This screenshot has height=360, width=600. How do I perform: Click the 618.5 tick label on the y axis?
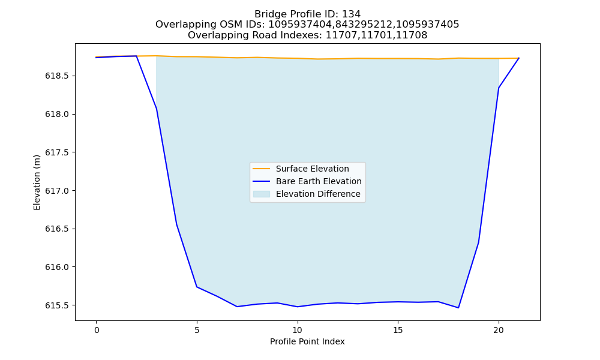pyautogui.click(x=57, y=76)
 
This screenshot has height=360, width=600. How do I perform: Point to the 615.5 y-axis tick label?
pyautogui.click(x=57, y=305)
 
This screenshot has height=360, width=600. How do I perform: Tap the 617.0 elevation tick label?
pyautogui.click(x=57, y=191)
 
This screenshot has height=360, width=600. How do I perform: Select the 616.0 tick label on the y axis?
pyautogui.click(x=57, y=267)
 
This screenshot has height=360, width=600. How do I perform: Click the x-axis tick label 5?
pyautogui.click(x=197, y=330)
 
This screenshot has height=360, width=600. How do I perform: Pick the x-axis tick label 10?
pyautogui.click(x=298, y=330)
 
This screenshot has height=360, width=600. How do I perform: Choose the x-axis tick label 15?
pyautogui.click(x=398, y=330)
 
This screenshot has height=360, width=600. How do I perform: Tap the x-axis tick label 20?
pyautogui.click(x=499, y=330)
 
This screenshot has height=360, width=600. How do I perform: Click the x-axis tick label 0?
pyautogui.click(x=97, y=330)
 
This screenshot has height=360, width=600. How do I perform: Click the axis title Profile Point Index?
pyautogui.click(x=307, y=341)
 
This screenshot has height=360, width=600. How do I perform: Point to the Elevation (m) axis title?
pyautogui.click(x=37, y=182)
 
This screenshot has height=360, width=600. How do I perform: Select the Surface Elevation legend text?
pyautogui.click(x=312, y=169)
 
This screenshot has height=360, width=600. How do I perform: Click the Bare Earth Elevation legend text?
pyautogui.click(x=319, y=181)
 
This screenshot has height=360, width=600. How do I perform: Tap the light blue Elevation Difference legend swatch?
pyautogui.click(x=262, y=194)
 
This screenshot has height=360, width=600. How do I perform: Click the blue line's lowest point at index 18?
pyautogui.click(x=458, y=308)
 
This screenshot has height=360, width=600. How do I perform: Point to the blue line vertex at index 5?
pyautogui.click(x=197, y=287)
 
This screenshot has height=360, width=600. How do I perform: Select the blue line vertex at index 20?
pyautogui.click(x=499, y=88)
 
